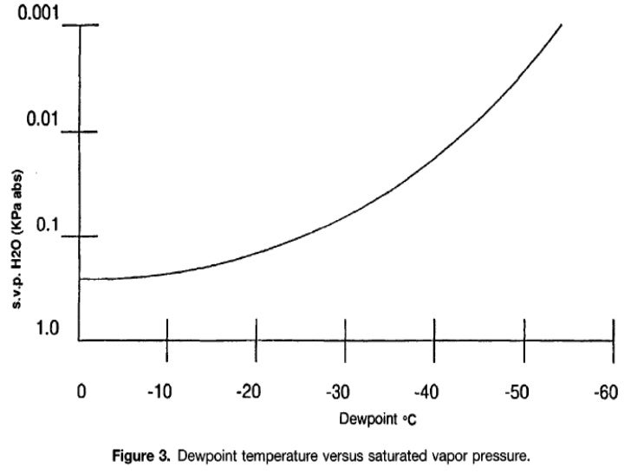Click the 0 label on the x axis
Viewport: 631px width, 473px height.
coord(81,392)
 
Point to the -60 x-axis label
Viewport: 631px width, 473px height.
coord(606,392)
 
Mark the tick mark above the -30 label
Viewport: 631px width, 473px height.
coord(345,330)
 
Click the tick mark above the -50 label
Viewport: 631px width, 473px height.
coord(524,330)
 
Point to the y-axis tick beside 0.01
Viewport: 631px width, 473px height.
coord(88,132)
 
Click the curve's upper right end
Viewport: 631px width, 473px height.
coord(561,25)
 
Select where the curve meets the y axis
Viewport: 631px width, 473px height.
coord(80,279)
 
